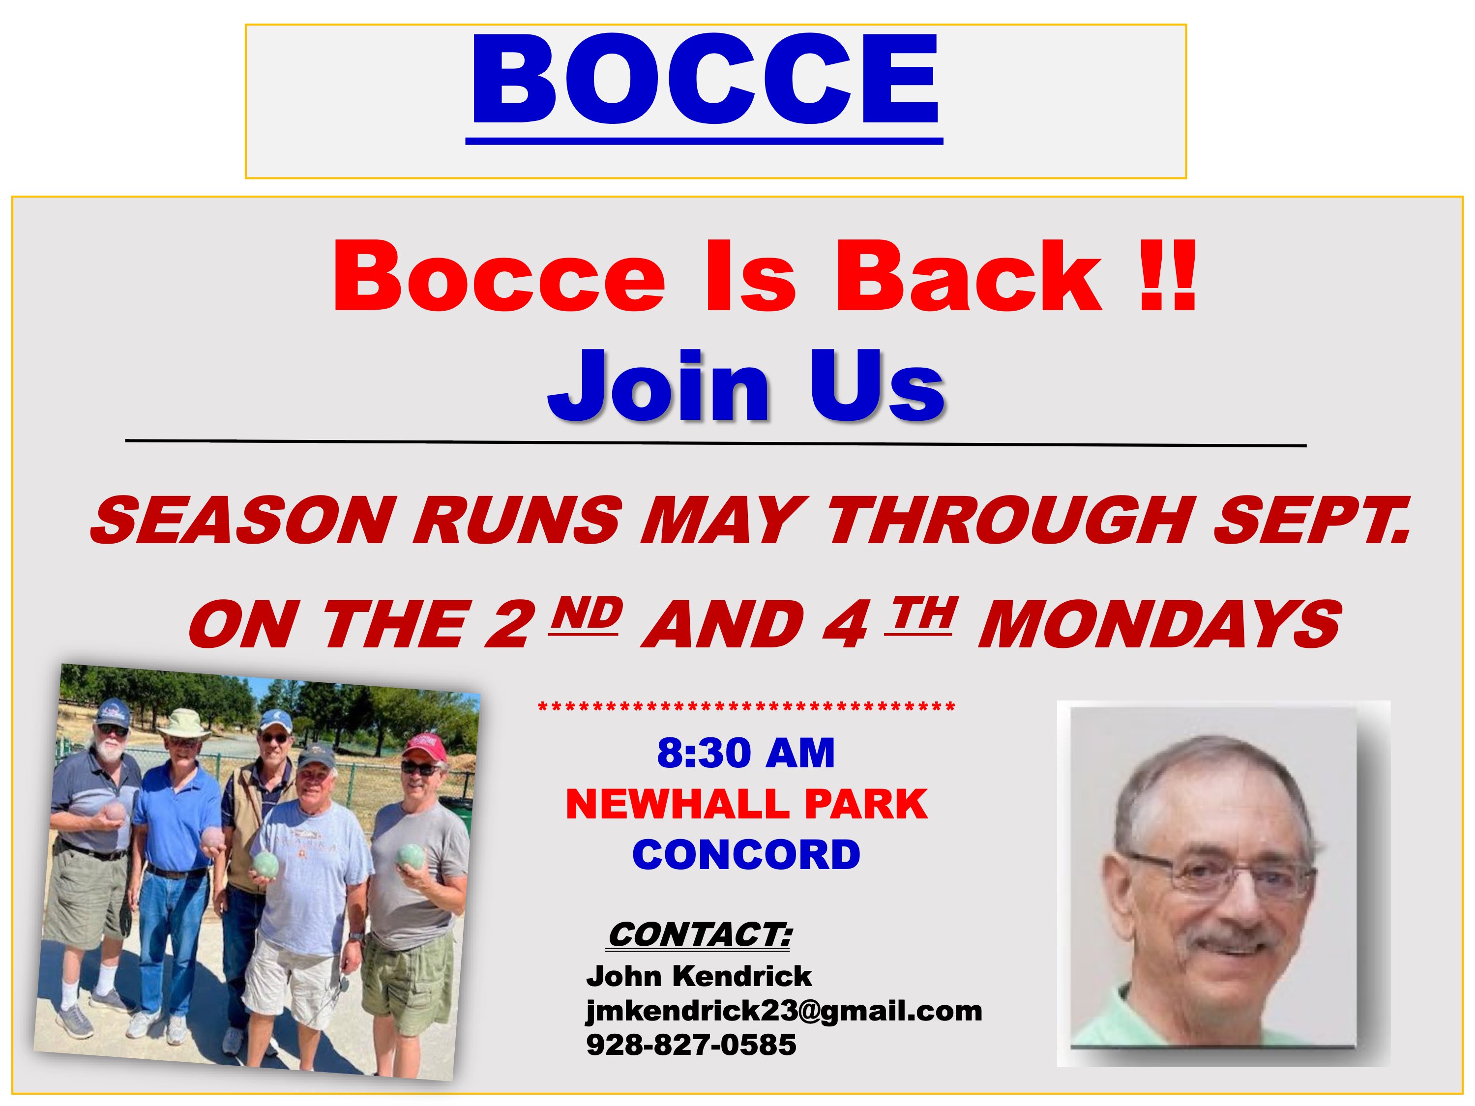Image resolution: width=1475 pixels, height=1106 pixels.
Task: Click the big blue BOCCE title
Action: click(x=705, y=80)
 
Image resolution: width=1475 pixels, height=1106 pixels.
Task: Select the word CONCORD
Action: click(x=746, y=855)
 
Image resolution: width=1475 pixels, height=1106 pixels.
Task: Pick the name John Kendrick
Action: click(x=699, y=977)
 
